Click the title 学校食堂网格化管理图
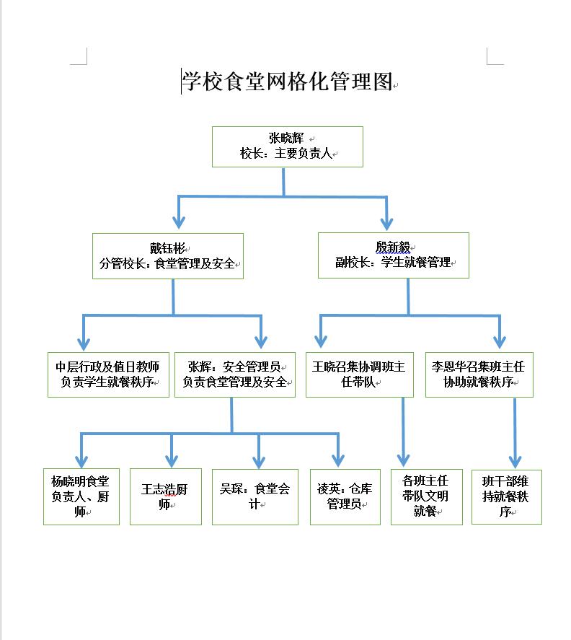286,82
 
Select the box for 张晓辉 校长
287,146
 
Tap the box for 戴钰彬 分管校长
168,255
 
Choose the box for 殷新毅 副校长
393,255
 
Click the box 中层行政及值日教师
107,374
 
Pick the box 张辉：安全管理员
235,374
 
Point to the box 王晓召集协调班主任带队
359,374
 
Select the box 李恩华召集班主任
479,374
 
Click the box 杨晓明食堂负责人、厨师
81,496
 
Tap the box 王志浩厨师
165,496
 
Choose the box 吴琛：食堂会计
254,496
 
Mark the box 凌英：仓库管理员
345,496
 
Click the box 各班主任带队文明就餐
425,496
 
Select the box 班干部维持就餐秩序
506,496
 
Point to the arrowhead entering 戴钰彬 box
178,222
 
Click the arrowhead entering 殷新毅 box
387,222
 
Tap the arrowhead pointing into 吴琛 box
258,460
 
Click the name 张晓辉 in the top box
285,138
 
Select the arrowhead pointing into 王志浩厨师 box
171,460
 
